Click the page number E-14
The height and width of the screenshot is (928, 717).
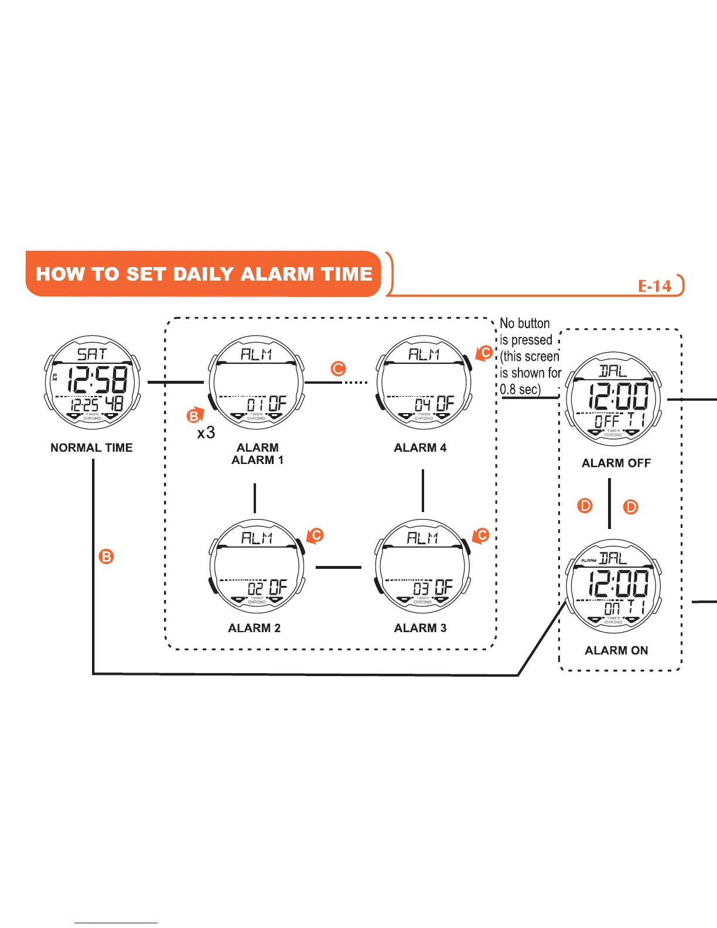654,286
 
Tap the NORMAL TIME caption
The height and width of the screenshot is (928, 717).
91,448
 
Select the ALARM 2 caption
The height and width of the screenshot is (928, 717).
254,628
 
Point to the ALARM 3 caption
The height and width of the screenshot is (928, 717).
420,628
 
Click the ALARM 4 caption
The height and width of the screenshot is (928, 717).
420,448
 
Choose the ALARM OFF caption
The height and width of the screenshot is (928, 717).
616,463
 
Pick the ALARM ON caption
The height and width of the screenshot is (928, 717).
616,650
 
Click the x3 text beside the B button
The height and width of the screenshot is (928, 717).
206,433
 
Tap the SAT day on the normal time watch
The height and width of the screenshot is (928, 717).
92,354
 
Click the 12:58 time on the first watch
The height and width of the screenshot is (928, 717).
97,381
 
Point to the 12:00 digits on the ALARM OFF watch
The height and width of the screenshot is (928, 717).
619,397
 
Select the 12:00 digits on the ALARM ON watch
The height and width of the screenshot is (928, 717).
619,584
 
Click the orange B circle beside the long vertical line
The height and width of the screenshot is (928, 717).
106,556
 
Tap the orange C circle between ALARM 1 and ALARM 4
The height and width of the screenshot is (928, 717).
338,369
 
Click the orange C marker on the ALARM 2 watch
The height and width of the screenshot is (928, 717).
316,535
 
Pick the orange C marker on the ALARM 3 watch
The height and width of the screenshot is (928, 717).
482,535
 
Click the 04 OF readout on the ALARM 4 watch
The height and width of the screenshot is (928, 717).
434,404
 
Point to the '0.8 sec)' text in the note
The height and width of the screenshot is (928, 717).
520,389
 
